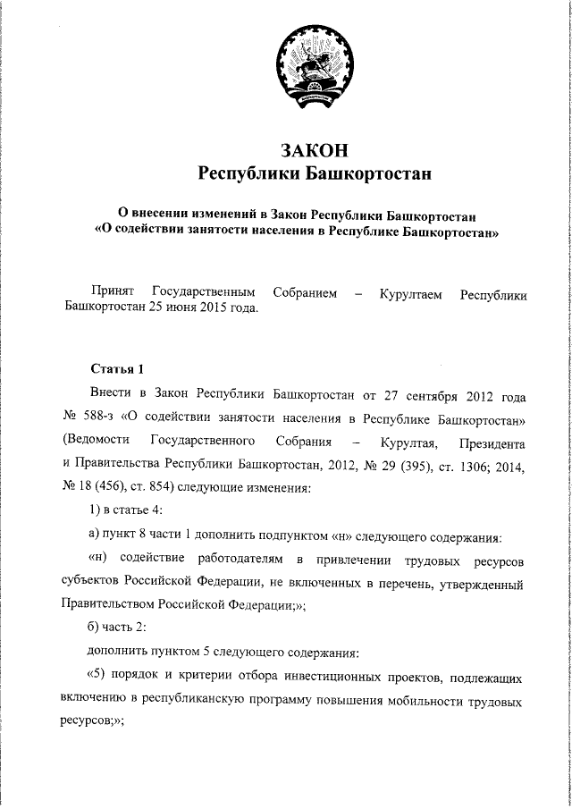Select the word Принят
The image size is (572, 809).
tap(112, 292)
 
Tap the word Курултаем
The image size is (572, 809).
tap(410, 292)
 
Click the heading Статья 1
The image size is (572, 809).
tap(115, 368)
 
